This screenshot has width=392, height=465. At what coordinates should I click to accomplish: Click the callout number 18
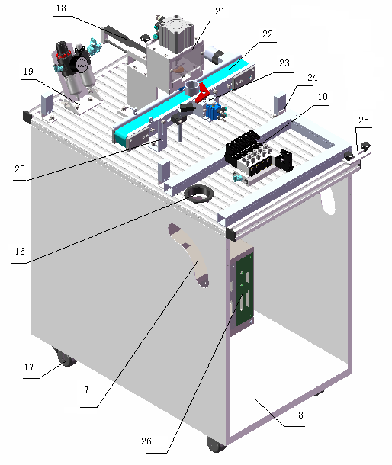pos(61,8)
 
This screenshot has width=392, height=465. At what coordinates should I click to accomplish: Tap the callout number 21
pos(220,11)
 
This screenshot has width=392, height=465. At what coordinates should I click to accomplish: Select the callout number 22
pos(268,34)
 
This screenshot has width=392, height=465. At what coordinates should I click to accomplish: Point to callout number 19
pos(28,71)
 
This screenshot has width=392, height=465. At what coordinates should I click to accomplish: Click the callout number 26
pos(146,441)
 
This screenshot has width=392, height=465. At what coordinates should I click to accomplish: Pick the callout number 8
pos(300,415)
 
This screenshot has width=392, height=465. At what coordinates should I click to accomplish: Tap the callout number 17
pos(29,367)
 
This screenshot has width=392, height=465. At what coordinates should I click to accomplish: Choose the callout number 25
pos(364,120)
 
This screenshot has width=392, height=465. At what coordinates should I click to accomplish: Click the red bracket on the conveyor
pos(204,92)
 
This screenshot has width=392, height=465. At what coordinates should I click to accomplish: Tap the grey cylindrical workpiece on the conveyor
pos(191,88)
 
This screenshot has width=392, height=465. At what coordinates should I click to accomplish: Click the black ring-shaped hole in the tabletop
pos(199,194)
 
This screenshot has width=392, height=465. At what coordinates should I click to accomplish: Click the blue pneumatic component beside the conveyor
pos(215,112)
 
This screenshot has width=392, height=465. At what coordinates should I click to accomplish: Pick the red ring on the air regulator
pos(64,55)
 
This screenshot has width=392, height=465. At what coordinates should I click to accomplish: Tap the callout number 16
pos(20,252)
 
